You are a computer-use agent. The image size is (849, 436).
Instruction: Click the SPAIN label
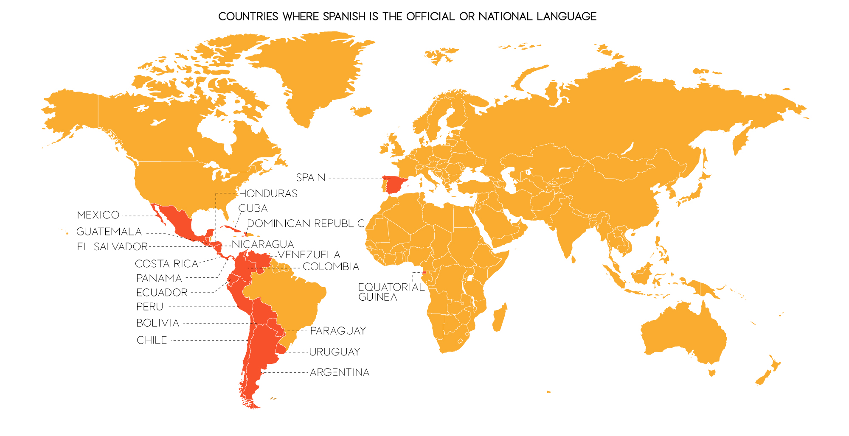click(x=310, y=178)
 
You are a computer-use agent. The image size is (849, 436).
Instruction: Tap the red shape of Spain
click(x=396, y=185)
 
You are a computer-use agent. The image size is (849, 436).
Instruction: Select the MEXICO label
click(x=98, y=215)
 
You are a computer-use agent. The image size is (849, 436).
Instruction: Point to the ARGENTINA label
click(x=340, y=372)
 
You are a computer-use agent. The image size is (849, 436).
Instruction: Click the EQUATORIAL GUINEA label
click(x=391, y=292)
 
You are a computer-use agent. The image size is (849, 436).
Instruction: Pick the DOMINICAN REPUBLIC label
click(x=306, y=224)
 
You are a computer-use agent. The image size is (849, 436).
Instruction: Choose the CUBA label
click(x=253, y=208)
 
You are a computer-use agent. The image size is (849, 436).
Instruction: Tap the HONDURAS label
click(x=268, y=194)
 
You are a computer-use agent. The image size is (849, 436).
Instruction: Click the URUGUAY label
click(x=335, y=352)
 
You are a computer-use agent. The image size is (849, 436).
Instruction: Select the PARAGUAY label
click(x=338, y=331)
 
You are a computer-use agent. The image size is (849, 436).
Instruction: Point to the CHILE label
click(x=152, y=340)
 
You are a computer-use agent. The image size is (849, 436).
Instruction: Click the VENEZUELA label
click(x=309, y=255)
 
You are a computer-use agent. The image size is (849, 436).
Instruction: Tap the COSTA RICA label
click(x=167, y=264)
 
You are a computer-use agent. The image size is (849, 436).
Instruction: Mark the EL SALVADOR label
click(x=112, y=247)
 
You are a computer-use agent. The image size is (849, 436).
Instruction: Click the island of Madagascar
click(x=500, y=317)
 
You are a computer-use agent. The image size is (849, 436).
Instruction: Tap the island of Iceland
click(x=362, y=112)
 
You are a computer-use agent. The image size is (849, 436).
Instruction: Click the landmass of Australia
click(x=683, y=335)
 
